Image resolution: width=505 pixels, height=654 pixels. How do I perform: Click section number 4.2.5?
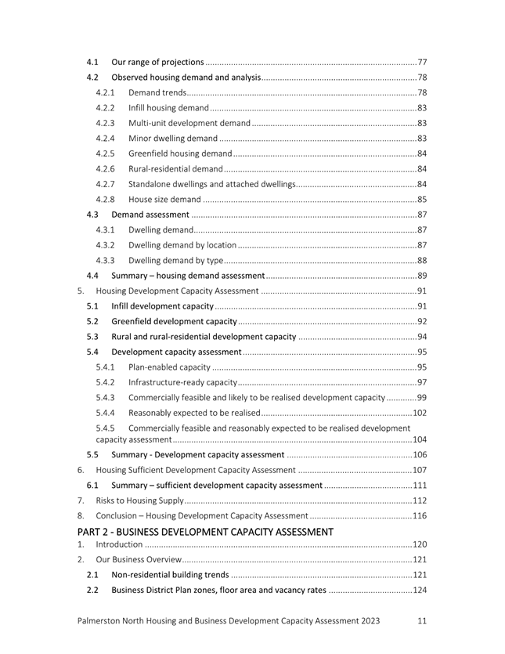click(106, 153)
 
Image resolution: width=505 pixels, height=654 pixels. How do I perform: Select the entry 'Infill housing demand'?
click(168, 107)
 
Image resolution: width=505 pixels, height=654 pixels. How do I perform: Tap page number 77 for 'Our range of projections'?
click(422, 62)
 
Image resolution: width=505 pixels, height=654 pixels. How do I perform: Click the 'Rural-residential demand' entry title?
click(175, 168)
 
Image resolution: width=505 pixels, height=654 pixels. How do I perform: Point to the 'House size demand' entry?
click(164, 199)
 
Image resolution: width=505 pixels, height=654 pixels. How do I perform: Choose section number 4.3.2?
click(106, 245)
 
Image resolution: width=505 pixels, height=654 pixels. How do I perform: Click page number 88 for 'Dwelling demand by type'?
click(422, 260)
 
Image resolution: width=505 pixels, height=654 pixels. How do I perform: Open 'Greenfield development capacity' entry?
click(174, 321)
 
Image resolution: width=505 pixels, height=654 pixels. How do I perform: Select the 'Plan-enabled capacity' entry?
click(169, 367)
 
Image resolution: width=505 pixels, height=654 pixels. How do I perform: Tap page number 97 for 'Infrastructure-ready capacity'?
click(422, 382)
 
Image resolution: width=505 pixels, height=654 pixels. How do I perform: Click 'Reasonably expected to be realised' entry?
click(193, 413)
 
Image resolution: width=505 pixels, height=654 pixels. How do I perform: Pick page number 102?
click(420, 413)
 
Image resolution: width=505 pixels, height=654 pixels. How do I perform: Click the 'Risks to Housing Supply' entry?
click(139, 500)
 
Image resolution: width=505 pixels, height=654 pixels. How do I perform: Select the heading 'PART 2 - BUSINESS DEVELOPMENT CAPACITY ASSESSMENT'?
click(205, 532)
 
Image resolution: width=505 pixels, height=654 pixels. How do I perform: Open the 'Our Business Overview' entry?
click(139, 560)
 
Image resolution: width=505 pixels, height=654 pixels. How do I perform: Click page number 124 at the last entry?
click(419, 590)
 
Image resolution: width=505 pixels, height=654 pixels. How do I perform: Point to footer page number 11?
click(422, 620)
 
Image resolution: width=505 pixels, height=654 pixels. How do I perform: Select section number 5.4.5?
click(106, 428)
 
